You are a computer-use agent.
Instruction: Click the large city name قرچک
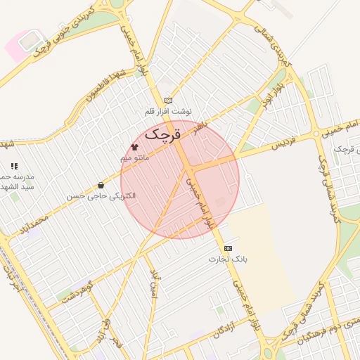point(163,132)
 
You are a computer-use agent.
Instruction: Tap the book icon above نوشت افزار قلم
point(167,101)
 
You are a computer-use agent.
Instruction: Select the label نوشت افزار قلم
point(167,112)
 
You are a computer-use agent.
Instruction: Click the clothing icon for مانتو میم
point(134,147)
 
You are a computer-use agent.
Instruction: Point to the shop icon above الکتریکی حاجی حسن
point(101,186)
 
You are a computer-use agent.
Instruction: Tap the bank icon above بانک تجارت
point(228,248)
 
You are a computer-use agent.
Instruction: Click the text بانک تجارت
point(228,259)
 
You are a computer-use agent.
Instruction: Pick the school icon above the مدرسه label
point(14,166)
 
